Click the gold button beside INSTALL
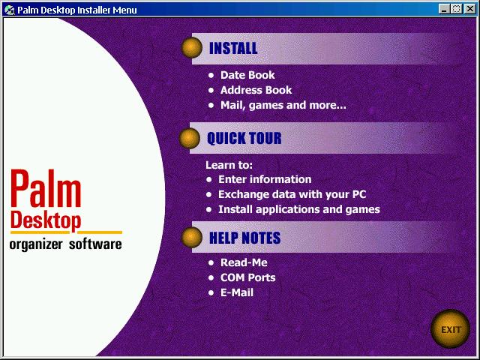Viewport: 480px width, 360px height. [x=192, y=47]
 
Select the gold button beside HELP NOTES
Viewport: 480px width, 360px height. [x=192, y=237]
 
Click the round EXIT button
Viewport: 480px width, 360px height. [x=450, y=328]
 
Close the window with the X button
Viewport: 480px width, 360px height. [x=470, y=9]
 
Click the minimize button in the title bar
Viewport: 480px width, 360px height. [x=444, y=9]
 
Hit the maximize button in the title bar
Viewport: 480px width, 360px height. [x=456, y=9]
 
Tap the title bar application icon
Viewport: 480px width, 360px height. [x=10, y=10]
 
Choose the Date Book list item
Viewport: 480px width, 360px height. [x=247, y=75]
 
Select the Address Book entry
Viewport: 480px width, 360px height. [x=256, y=90]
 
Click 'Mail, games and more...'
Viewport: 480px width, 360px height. [x=283, y=105]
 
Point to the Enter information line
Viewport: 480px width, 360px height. [x=265, y=179]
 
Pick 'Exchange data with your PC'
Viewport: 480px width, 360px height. [x=292, y=194]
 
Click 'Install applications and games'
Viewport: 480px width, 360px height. [x=299, y=210]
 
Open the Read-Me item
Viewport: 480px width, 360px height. [x=244, y=262]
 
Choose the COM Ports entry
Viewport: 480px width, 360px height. [x=247, y=277]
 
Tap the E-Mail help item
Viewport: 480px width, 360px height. [x=237, y=292]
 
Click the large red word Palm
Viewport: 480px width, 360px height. [x=46, y=189]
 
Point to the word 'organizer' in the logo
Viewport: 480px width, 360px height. [x=36, y=245]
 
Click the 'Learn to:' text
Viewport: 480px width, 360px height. [x=229, y=165]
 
